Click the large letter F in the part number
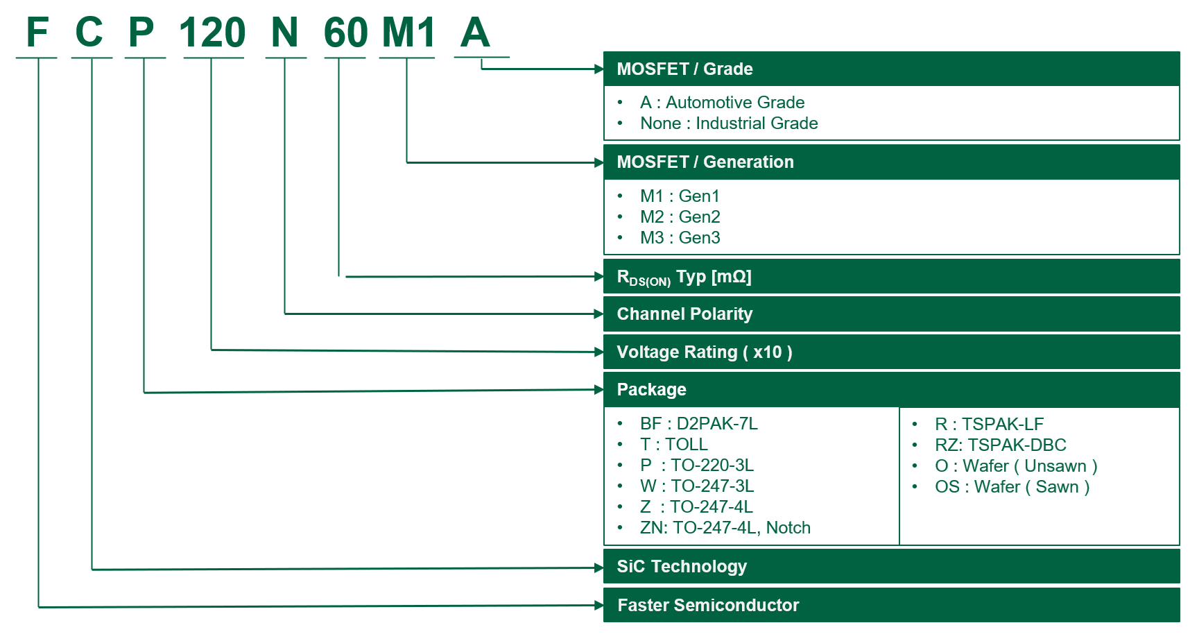coord(37,32)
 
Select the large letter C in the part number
coord(89,32)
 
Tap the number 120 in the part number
coord(212,32)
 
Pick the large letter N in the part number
coord(285,32)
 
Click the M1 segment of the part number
coord(408,32)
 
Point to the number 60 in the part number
coord(345,32)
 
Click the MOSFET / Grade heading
coord(684,69)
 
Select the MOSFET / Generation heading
coord(705,162)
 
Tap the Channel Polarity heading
coord(684,314)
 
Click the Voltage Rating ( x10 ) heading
coord(705,352)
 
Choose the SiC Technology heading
coord(682,566)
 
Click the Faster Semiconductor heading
coord(708,605)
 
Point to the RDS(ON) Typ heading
coord(684,277)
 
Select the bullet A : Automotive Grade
coord(722,103)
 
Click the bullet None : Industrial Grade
coord(729,123)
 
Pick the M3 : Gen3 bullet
coord(680,238)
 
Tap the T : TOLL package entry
coord(674,444)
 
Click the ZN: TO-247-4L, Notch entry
coord(725,527)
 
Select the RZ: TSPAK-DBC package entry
coord(1001,445)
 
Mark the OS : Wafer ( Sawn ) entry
coord(1012,486)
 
